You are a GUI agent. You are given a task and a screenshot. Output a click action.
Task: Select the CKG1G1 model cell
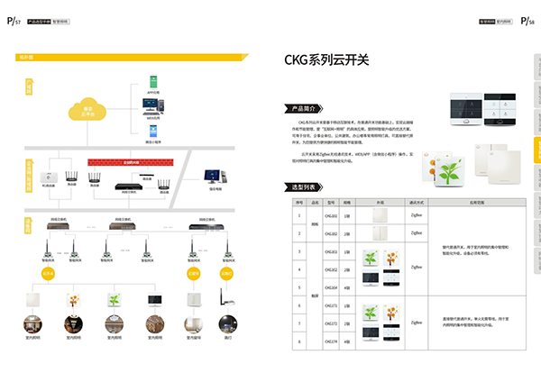click(331, 216)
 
